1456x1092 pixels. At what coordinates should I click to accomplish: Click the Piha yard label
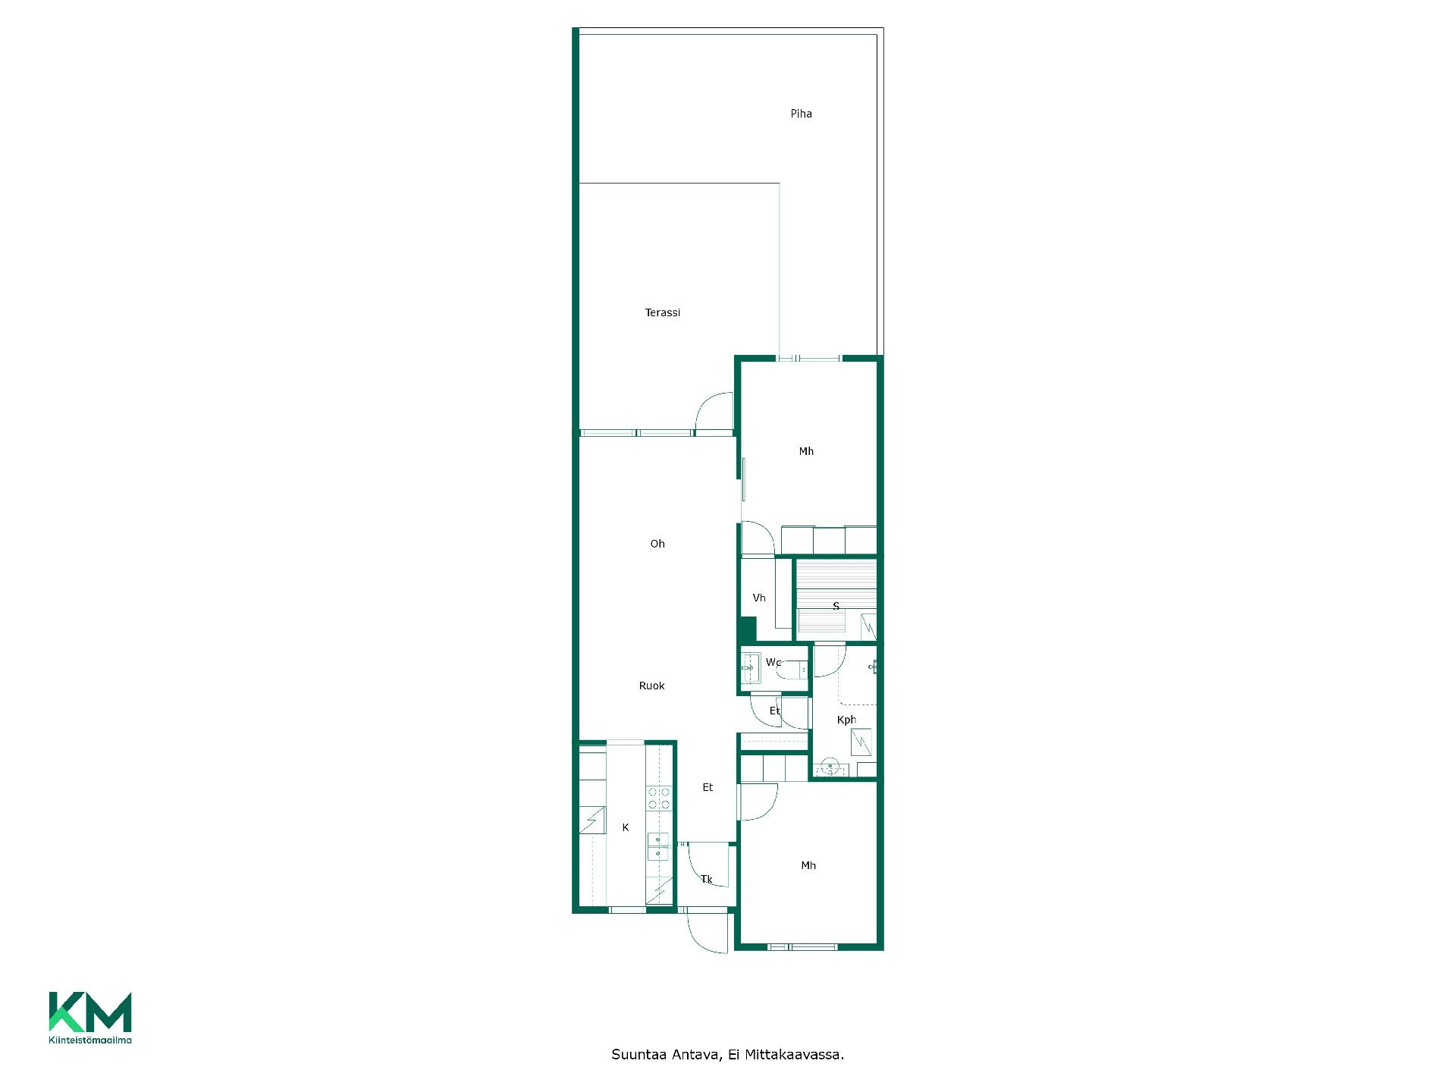click(801, 114)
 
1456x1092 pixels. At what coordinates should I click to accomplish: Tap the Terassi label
click(662, 312)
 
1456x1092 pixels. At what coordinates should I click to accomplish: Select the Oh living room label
click(657, 544)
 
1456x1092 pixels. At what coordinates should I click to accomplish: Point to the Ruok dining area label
click(651, 686)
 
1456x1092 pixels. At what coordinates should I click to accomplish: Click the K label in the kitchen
click(626, 827)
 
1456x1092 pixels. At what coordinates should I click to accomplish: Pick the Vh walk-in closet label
click(759, 598)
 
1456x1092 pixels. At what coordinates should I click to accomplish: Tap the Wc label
click(773, 662)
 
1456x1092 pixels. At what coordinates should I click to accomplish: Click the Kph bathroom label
click(846, 720)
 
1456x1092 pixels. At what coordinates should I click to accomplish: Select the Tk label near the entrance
click(706, 880)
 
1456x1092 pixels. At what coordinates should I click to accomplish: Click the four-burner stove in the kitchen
click(658, 798)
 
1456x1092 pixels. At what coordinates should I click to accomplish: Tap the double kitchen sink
click(658, 847)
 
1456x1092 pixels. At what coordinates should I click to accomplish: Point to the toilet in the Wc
click(792, 670)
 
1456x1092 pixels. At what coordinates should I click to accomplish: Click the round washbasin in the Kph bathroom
click(830, 767)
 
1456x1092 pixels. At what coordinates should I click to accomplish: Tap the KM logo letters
click(90, 1012)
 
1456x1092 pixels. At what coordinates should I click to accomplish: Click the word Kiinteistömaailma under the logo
click(90, 1040)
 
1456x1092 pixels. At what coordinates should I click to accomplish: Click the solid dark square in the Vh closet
click(748, 629)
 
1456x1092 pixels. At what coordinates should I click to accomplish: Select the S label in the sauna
click(836, 606)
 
